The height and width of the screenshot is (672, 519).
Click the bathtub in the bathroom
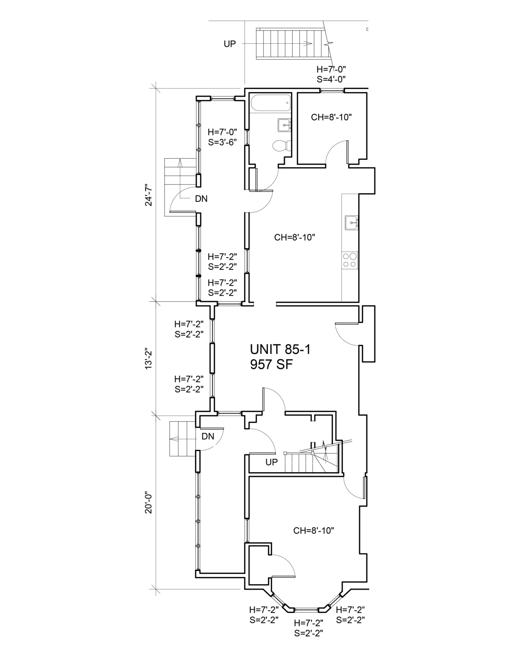tap(270, 103)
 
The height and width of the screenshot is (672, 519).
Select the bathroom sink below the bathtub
tap(285, 125)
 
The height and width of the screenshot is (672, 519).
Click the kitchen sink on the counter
tap(351, 223)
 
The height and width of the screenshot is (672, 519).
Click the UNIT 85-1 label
tap(280, 350)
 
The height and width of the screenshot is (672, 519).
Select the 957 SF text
tap(271, 365)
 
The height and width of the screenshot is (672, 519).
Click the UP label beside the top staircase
tap(230, 44)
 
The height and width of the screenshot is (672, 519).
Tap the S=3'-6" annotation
tap(222, 142)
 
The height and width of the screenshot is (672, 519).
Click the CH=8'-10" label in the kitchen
tap(294, 237)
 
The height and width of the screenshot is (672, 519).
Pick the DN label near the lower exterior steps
tap(208, 436)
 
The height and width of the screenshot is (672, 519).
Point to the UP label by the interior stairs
tap(271, 462)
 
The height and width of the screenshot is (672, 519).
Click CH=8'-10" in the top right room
tap(331, 117)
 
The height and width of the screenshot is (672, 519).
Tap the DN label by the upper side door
tap(201, 199)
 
